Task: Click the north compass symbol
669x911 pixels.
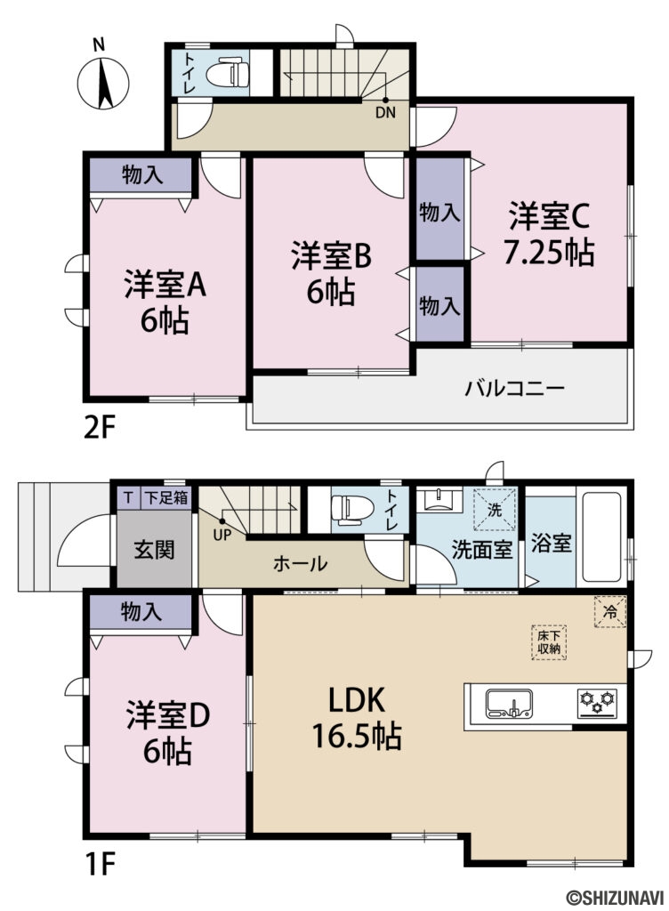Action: point(103,78)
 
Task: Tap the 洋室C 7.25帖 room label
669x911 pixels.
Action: point(549,234)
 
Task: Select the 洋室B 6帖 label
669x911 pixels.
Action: point(331,273)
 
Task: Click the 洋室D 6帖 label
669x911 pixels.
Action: point(166,732)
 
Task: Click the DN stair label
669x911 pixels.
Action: point(384,112)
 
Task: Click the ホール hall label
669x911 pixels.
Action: point(300,563)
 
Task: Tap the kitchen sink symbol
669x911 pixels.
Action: point(509,703)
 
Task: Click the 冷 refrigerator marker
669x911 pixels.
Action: point(610,611)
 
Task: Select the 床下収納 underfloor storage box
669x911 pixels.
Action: point(547,641)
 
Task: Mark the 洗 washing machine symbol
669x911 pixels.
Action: point(496,510)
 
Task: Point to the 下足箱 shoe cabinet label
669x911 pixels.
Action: point(166,497)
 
